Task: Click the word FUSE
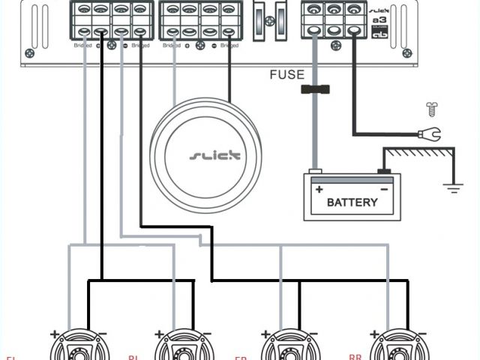click(x=287, y=75)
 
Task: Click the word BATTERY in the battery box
click(x=352, y=202)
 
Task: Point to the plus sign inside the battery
click(x=318, y=188)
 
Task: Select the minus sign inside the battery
click(x=384, y=188)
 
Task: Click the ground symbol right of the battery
click(x=452, y=187)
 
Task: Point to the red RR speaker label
click(x=355, y=357)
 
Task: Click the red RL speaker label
click(x=133, y=358)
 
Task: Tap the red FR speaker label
click(x=240, y=358)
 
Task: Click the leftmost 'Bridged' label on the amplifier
click(x=82, y=46)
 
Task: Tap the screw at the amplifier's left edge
click(x=29, y=53)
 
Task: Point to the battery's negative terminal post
click(x=384, y=171)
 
